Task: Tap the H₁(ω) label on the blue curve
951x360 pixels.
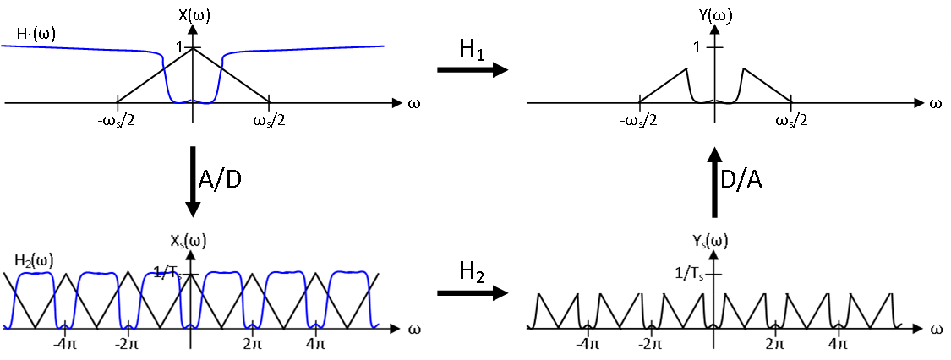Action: tap(35, 35)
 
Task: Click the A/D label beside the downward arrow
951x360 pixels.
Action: tap(220, 179)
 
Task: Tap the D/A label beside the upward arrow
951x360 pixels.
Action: tap(741, 179)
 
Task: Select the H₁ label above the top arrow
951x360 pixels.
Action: tap(472, 50)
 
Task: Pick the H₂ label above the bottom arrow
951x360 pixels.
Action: tap(472, 271)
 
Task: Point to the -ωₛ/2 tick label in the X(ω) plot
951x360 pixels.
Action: tap(116, 121)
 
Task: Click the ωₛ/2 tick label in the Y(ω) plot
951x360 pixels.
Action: tap(791, 121)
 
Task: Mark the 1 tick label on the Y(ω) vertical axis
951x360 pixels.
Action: tap(697, 47)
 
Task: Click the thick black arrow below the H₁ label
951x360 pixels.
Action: tap(472, 70)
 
